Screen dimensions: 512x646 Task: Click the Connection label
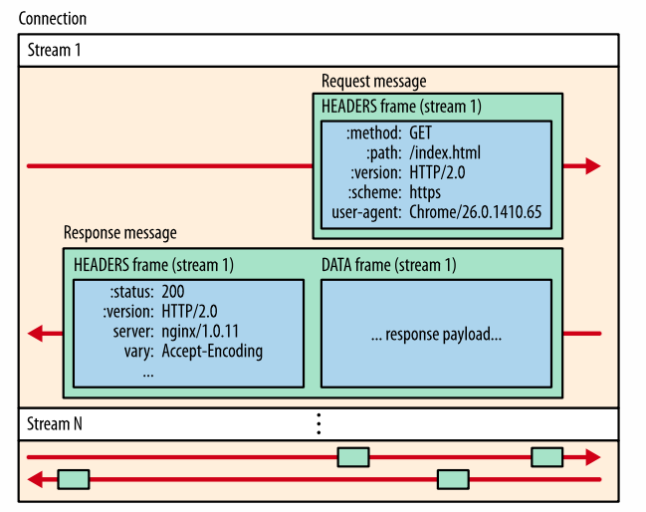coord(52,19)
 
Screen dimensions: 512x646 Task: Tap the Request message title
coord(373,80)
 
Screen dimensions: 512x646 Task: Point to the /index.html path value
coord(445,152)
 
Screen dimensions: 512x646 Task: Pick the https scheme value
coord(425,192)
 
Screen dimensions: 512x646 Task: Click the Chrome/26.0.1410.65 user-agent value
coord(473,212)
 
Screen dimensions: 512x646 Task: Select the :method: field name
coord(373,132)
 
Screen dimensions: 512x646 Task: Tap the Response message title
coord(119,233)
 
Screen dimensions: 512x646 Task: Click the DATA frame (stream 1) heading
coord(388,264)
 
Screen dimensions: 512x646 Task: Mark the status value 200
coord(173,291)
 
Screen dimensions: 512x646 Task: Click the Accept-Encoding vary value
coord(212,351)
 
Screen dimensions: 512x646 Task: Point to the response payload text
coord(436,335)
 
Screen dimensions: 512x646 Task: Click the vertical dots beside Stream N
coord(319,423)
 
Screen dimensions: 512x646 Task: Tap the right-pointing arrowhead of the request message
coord(592,165)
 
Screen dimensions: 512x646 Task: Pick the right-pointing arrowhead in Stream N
coord(592,457)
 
